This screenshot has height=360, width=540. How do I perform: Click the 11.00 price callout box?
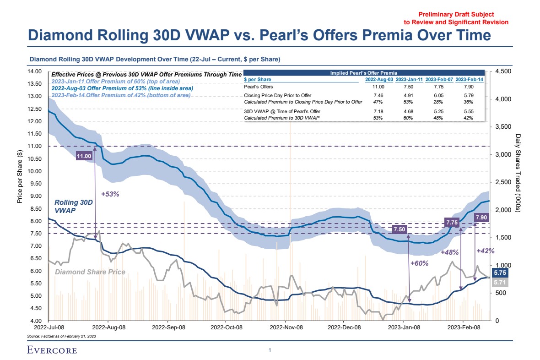pos(85,156)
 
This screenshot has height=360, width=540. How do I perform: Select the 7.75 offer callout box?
pos(452,223)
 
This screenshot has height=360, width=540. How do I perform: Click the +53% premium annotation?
pos(110,194)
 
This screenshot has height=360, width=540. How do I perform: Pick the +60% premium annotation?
pos(419,263)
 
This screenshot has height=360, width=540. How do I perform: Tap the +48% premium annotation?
pos(449,252)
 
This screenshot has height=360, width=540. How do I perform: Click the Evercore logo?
pos(52,351)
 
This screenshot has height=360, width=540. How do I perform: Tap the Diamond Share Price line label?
pos(90,272)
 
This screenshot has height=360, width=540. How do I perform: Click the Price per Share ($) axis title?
pos(20,177)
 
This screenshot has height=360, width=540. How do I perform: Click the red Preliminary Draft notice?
pos(456,18)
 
